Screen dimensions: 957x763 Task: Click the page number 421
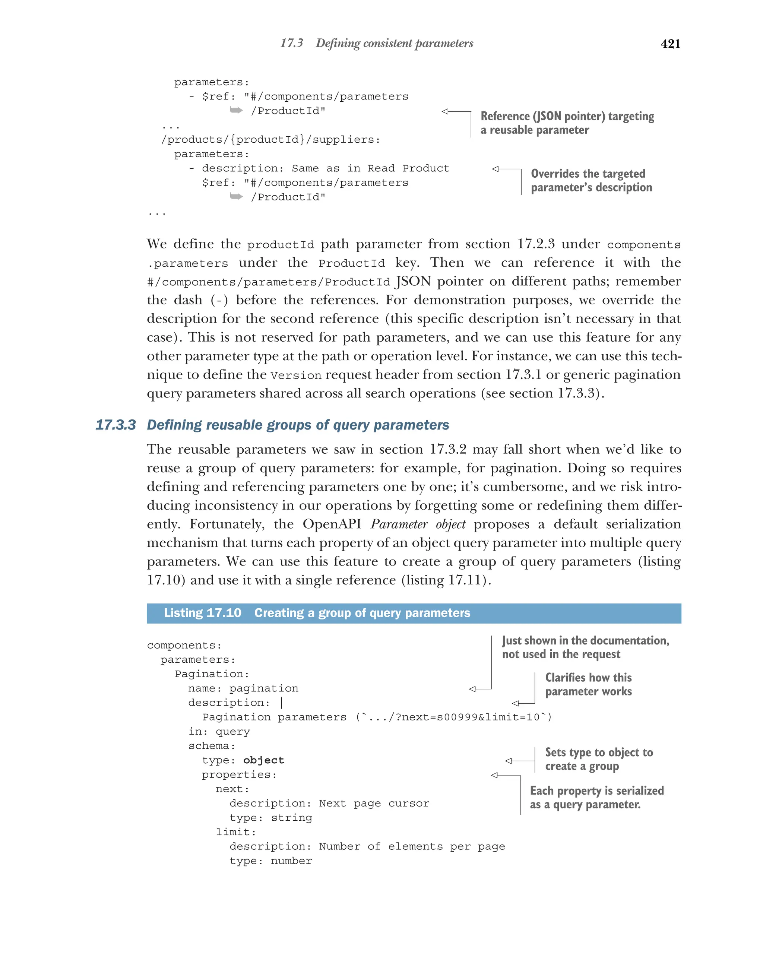670,44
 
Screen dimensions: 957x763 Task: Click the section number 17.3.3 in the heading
115,425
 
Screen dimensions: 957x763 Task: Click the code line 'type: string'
270,817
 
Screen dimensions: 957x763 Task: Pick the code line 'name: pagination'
243,688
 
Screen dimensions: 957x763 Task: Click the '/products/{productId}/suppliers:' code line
270,139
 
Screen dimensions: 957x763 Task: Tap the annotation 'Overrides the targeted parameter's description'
591,180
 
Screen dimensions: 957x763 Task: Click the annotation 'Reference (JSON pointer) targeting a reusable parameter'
567,123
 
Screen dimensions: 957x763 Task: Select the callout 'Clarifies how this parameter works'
588,684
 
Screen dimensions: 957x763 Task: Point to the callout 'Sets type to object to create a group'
598,759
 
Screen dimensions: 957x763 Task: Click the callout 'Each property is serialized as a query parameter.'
596,797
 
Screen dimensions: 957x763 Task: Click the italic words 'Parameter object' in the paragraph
418,524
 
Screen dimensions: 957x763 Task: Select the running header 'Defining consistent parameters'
394,43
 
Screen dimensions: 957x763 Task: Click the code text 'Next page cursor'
374,803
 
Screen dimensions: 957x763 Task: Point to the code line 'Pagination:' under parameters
212,674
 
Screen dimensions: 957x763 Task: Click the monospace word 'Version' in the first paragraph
295,375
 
